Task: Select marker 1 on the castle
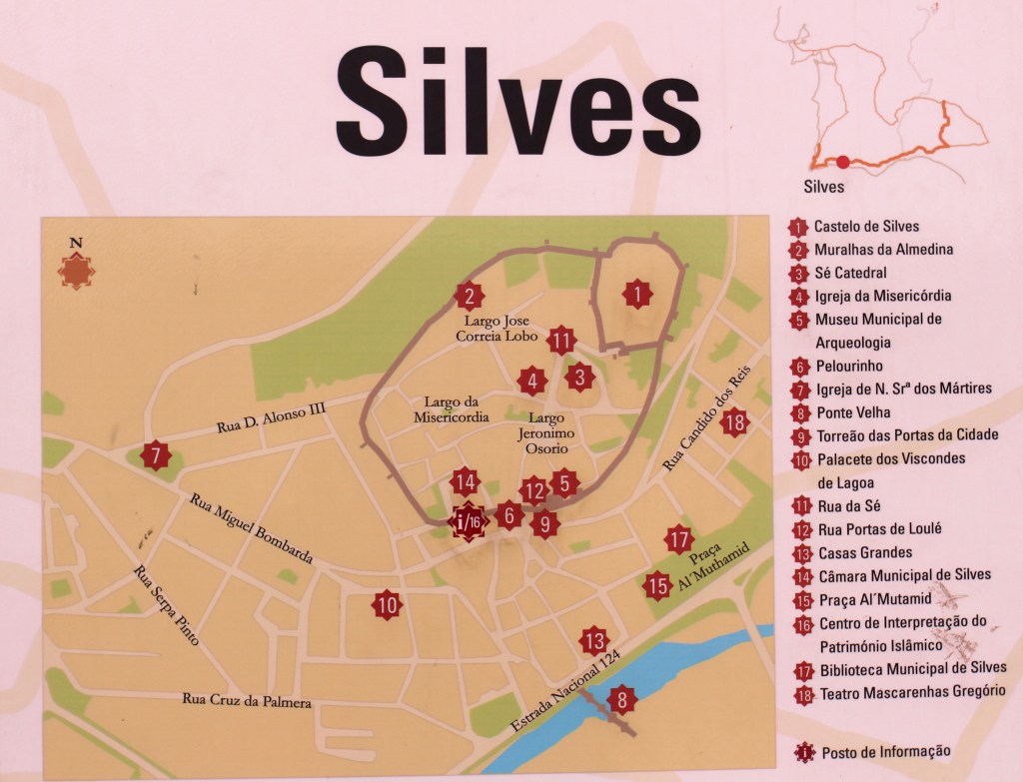pyautogui.click(x=635, y=294)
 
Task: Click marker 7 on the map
pyautogui.click(x=155, y=456)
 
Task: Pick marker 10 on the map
pyautogui.click(x=387, y=604)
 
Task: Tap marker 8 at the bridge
pyautogui.click(x=621, y=699)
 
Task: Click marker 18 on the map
pyautogui.click(x=735, y=422)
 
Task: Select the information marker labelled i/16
pyautogui.click(x=467, y=520)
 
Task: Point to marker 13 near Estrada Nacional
pyautogui.click(x=593, y=640)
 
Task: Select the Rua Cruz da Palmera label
pyautogui.click(x=247, y=700)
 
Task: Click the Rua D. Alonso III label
pyautogui.click(x=272, y=416)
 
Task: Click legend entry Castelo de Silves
pyautogui.click(x=866, y=227)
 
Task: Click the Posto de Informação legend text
pyautogui.click(x=886, y=752)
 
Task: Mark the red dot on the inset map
pyautogui.click(x=843, y=162)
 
